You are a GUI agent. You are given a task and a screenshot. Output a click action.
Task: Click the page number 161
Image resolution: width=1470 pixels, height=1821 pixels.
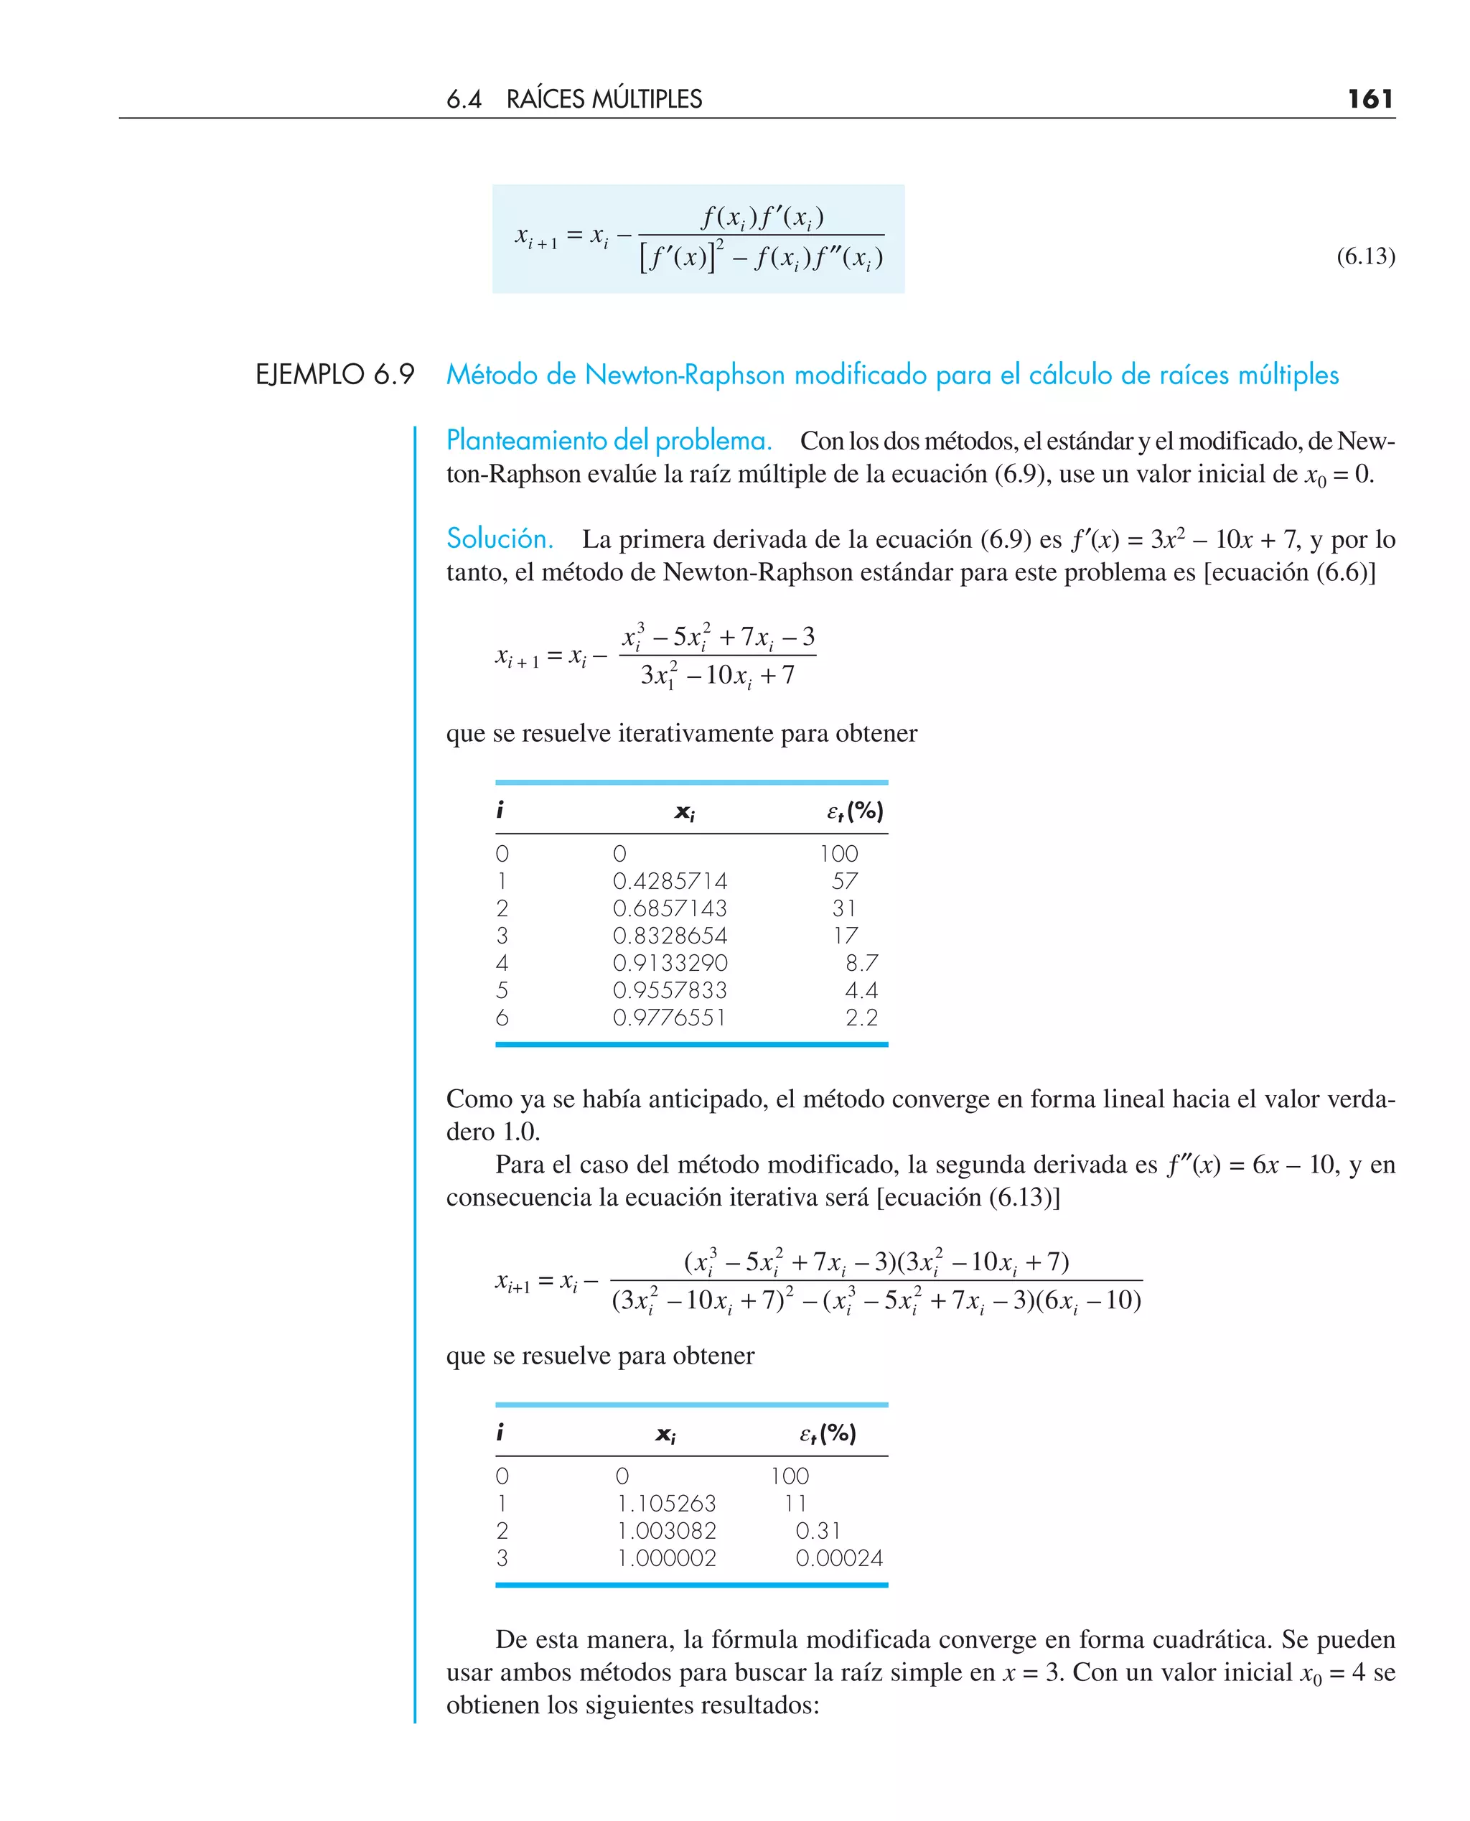pos(1370,99)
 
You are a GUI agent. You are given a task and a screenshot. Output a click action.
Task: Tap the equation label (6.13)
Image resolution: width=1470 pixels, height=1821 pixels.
pos(1365,256)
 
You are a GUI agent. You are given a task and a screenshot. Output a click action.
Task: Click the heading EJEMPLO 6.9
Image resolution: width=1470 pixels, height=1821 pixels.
pos(334,374)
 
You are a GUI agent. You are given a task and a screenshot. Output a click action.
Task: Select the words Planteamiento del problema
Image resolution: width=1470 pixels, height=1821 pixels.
pos(609,440)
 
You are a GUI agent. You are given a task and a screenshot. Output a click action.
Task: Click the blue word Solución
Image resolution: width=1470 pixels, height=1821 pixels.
pos(500,539)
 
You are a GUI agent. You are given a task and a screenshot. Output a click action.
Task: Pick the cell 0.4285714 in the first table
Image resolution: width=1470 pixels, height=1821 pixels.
pos(669,881)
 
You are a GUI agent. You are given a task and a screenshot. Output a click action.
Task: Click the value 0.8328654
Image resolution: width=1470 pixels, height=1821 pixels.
pos(669,935)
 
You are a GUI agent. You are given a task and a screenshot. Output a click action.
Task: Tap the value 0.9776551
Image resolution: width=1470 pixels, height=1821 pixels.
pos(669,1017)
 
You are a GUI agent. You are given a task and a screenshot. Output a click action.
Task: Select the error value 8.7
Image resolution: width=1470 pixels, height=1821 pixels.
pos(861,963)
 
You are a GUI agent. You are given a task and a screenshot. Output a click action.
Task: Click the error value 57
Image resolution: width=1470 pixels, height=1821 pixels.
pos(844,881)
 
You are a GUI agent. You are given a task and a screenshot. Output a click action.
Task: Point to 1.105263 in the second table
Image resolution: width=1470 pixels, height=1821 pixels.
pos(666,1504)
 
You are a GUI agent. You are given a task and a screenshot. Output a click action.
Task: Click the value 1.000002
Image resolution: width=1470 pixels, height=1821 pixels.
pos(666,1557)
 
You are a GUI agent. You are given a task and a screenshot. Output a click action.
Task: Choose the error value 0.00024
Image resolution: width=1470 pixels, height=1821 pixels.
pos(838,1557)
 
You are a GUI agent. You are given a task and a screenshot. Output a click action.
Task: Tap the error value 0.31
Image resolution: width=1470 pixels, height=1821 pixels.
pos(818,1530)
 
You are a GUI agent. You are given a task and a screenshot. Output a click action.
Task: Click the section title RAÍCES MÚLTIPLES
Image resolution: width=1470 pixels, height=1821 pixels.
pos(604,100)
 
